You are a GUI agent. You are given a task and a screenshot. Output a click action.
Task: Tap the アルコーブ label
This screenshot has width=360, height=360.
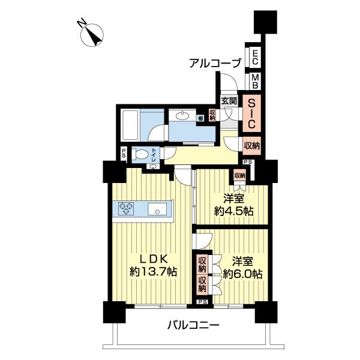(x=214, y=62)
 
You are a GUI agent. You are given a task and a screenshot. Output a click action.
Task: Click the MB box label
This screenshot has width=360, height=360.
(x=255, y=80)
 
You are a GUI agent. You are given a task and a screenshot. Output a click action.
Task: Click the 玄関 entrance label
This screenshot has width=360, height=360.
(x=229, y=101)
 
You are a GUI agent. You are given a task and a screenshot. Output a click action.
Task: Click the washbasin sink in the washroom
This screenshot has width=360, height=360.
(x=182, y=116)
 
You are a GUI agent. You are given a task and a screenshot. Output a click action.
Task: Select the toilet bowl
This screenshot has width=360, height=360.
(x=143, y=154)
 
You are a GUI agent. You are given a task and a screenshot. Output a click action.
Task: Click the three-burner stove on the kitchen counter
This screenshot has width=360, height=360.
(x=127, y=209)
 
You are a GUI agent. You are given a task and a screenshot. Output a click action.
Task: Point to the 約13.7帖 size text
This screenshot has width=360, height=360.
(x=153, y=271)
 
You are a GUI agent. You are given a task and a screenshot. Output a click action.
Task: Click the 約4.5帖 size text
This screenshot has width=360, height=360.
(x=233, y=211)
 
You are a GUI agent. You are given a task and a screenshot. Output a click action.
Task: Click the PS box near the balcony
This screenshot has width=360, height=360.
(x=202, y=302)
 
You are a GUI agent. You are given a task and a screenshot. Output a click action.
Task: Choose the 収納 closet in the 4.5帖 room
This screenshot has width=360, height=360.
(x=239, y=175)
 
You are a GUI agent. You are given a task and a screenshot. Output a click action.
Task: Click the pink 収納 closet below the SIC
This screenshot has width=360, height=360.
(x=252, y=145)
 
